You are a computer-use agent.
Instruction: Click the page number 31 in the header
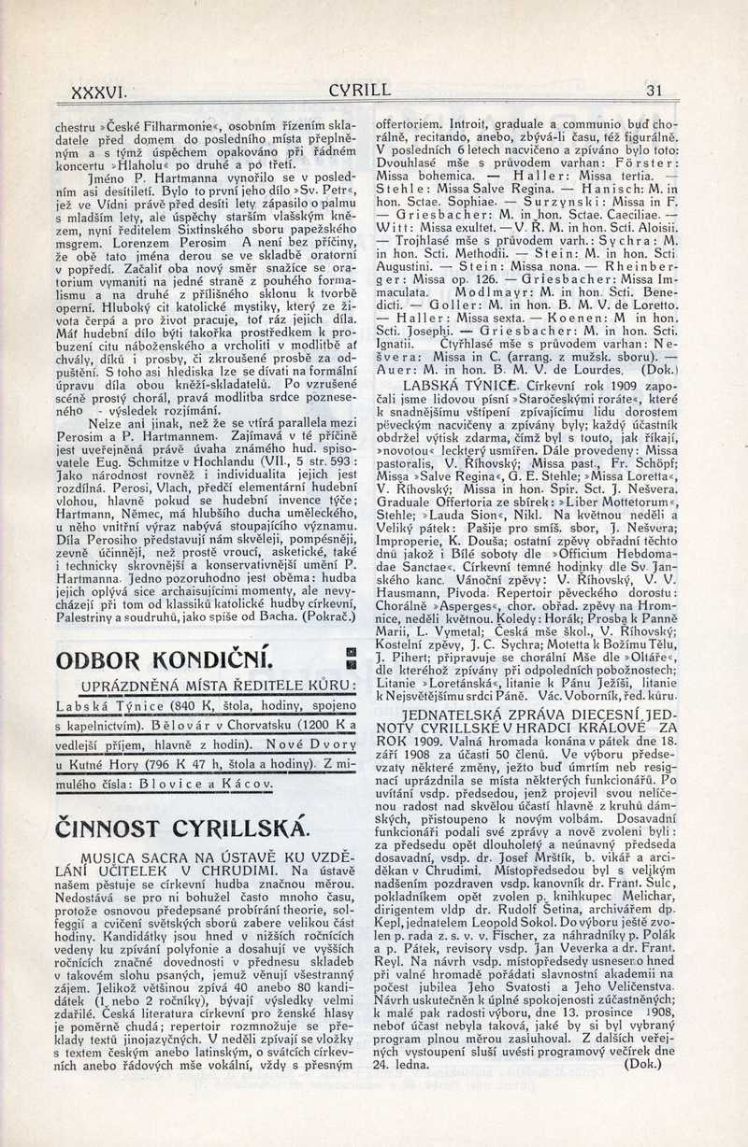(x=654, y=91)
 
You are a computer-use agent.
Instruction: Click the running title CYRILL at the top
(x=360, y=91)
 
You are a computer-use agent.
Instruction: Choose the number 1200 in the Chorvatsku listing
(x=311, y=725)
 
